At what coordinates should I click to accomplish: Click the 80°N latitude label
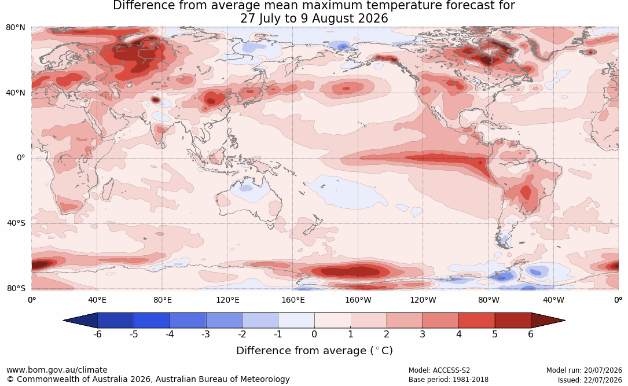[x=15, y=28]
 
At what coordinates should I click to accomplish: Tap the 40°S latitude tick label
[x=16, y=223]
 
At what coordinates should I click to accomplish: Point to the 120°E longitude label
[x=227, y=300]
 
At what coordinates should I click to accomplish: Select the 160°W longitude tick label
[x=358, y=300]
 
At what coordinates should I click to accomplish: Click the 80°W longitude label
[x=489, y=300]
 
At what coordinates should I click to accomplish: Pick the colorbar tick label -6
[x=97, y=334]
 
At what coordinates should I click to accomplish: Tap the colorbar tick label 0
[x=314, y=334]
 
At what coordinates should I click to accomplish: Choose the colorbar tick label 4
[x=459, y=334]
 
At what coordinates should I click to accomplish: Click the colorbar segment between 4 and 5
[x=477, y=321]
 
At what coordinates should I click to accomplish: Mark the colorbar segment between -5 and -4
[x=152, y=321]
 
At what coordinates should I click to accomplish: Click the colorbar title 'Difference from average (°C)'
[x=314, y=351]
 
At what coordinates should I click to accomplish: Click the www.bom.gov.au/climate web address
[x=57, y=370]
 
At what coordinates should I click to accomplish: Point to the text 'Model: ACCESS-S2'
[x=439, y=370]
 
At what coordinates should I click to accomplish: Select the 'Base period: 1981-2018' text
[x=449, y=380]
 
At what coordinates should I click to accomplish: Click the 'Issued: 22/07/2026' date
[x=590, y=380]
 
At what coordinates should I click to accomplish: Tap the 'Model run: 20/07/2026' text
[x=585, y=370]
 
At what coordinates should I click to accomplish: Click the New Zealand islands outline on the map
[x=313, y=225]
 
